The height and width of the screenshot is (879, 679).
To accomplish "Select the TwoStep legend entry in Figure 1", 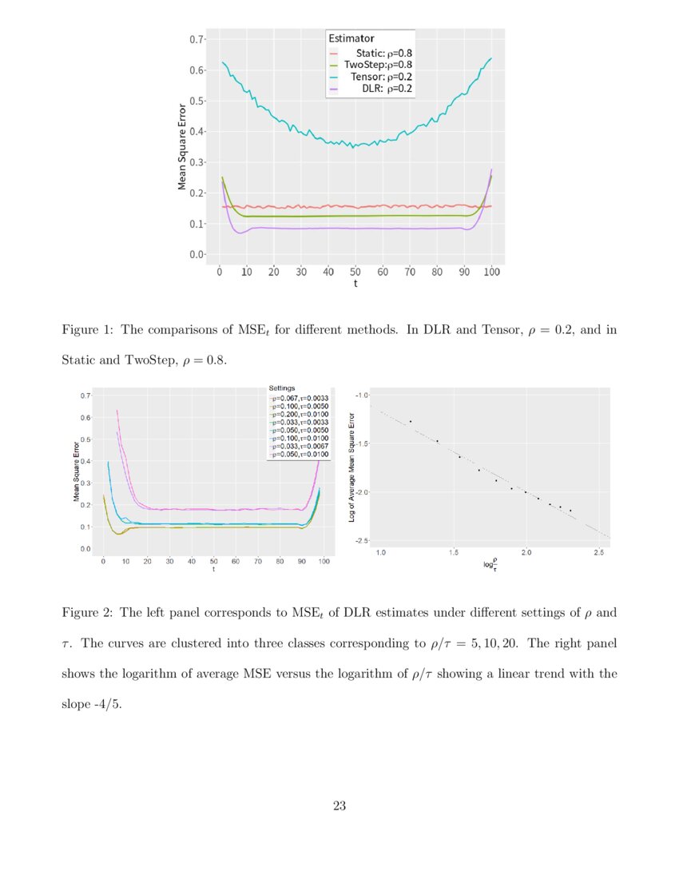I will [378, 65].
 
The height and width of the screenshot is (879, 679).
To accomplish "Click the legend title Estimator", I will [352, 38].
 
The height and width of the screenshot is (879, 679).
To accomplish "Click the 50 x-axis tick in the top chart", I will [355, 272].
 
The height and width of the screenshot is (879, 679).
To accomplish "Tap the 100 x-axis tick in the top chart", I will [491, 272].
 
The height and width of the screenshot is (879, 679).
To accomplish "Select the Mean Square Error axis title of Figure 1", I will [182, 146].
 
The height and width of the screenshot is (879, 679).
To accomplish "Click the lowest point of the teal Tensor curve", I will [352, 148].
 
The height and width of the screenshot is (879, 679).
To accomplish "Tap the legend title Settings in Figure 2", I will [282, 388].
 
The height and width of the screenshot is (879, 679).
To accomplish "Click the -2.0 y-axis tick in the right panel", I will [360, 492].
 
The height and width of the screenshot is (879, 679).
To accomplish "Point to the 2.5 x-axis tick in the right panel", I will [598, 552].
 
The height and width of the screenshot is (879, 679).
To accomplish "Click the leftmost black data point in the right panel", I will [411, 421].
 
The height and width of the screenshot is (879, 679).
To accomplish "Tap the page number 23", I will [339, 805].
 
